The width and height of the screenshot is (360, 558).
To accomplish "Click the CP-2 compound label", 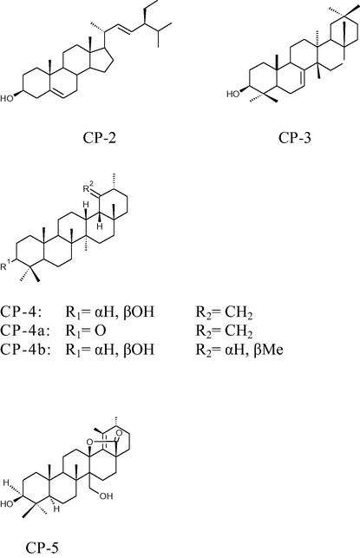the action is [x=100, y=138].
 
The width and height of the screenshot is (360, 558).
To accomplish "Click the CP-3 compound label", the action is [x=295, y=138].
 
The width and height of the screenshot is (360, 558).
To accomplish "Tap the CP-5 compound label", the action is [x=42, y=548].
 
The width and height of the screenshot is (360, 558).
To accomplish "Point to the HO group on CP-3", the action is [x=233, y=95].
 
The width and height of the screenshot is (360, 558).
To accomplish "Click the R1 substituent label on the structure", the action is [x=6, y=266].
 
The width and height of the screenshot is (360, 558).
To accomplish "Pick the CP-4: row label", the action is [x=22, y=312].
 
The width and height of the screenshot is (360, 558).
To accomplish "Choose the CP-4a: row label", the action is [x=24, y=331].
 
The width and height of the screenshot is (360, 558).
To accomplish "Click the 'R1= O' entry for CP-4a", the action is [x=86, y=331].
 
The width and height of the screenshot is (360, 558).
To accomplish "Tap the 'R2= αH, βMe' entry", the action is [x=239, y=351].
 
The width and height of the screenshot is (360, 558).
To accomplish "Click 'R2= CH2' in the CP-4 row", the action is [x=225, y=312].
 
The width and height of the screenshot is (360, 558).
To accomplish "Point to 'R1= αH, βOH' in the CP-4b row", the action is [x=110, y=351].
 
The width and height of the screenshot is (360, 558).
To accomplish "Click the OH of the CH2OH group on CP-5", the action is [x=106, y=496].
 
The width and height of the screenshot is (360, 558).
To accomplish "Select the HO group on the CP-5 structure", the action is [x=6, y=504].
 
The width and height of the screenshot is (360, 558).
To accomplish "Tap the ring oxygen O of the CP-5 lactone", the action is [x=90, y=442].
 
